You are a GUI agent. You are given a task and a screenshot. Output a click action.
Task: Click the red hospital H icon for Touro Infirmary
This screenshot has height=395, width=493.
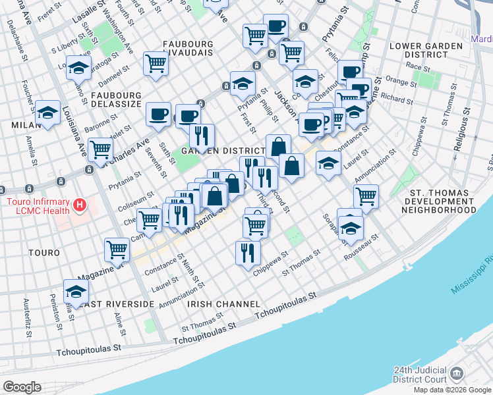[80, 205]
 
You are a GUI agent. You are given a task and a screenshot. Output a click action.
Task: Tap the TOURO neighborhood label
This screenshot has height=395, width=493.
[44, 253]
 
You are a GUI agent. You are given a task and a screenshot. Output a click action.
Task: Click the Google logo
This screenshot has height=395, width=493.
[22, 387]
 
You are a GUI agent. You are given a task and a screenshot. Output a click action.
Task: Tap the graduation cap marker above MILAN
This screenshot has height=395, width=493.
[47, 112]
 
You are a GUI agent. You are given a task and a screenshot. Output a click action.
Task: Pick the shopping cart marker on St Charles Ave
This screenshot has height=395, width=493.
[100, 149]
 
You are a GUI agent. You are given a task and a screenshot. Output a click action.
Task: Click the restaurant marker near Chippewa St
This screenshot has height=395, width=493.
[248, 252]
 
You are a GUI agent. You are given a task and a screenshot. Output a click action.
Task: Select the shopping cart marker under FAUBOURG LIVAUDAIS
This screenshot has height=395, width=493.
[156, 64]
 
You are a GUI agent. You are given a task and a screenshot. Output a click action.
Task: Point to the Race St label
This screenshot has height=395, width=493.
[419, 66]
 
